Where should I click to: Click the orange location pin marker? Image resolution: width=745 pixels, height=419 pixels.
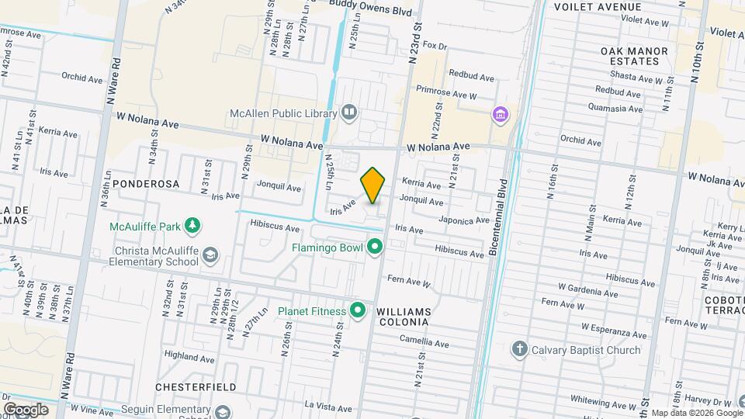pyautogui.click(x=373, y=185)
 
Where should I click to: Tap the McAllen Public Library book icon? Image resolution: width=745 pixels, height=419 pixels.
pyautogui.click(x=349, y=113)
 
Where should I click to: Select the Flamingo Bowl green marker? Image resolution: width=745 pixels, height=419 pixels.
pyautogui.click(x=376, y=248)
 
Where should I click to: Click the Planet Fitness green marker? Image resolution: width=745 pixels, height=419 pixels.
pyautogui.click(x=358, y=311)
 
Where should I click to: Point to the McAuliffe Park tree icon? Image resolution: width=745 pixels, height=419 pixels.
pyautogui.click(x=192, y=227)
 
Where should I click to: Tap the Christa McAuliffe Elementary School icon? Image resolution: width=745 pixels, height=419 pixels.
pyautogui.click(x=210, y=255)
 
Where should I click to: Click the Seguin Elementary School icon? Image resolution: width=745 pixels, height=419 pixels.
pyautogui.click(x=223, y=412)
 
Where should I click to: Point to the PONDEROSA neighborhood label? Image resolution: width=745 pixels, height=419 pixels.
pyautogui.click(x=146, y=185)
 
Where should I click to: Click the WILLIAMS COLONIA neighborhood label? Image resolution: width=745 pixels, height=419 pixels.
pyautogui.click(x=403, y=311)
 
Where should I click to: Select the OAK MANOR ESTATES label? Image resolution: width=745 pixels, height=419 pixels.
pyautogui.click(x=634, y=57)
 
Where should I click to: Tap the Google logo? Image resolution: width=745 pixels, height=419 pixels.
pyautogui.click(x=26, y=410)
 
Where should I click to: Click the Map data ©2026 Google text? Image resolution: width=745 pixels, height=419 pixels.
pyautogui.click(x=692, y=413)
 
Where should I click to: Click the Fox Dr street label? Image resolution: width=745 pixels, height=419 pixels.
pyautogui.click(x=436, y=47)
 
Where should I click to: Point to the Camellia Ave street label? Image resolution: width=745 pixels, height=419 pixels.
pyautogui.click(x=424, y=342)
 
